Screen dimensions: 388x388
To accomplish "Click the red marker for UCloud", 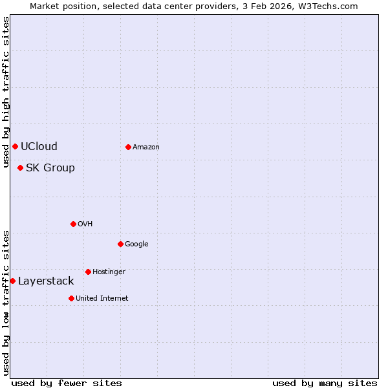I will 15,146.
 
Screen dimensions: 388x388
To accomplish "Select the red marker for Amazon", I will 128,147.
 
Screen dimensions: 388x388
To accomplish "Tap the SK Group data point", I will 20,167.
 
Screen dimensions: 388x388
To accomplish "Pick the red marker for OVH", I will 73,224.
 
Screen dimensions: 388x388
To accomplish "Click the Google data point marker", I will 120,244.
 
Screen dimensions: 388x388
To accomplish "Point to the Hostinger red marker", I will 88,272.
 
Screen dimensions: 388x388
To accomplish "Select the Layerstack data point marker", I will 12,281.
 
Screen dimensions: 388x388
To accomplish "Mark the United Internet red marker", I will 71,298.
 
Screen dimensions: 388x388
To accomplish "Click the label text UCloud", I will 39,146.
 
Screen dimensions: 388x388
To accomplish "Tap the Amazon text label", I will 146,147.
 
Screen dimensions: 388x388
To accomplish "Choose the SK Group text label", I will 50,167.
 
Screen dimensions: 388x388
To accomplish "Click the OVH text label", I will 85,224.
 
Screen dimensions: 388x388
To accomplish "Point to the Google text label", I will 136,244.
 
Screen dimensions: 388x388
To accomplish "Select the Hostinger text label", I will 109,272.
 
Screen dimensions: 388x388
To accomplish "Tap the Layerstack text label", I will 46,281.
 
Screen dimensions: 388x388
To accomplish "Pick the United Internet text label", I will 102,298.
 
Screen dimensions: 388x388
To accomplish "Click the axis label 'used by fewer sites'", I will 67,383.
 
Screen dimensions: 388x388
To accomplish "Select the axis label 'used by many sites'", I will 325,383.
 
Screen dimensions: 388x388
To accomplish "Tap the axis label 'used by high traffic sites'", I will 6,92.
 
